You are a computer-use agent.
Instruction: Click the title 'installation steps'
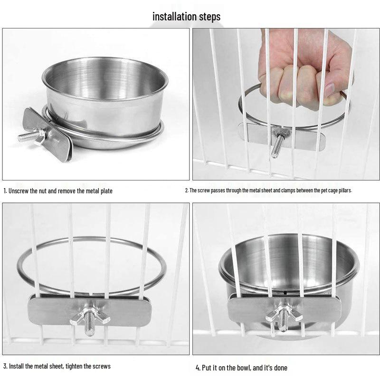click(x=186, y=17)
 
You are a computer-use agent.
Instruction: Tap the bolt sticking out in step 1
click(x=28, y=136)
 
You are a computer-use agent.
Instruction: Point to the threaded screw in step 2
click(x=276, y=145)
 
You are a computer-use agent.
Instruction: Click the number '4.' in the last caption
click(x=198, y=368)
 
